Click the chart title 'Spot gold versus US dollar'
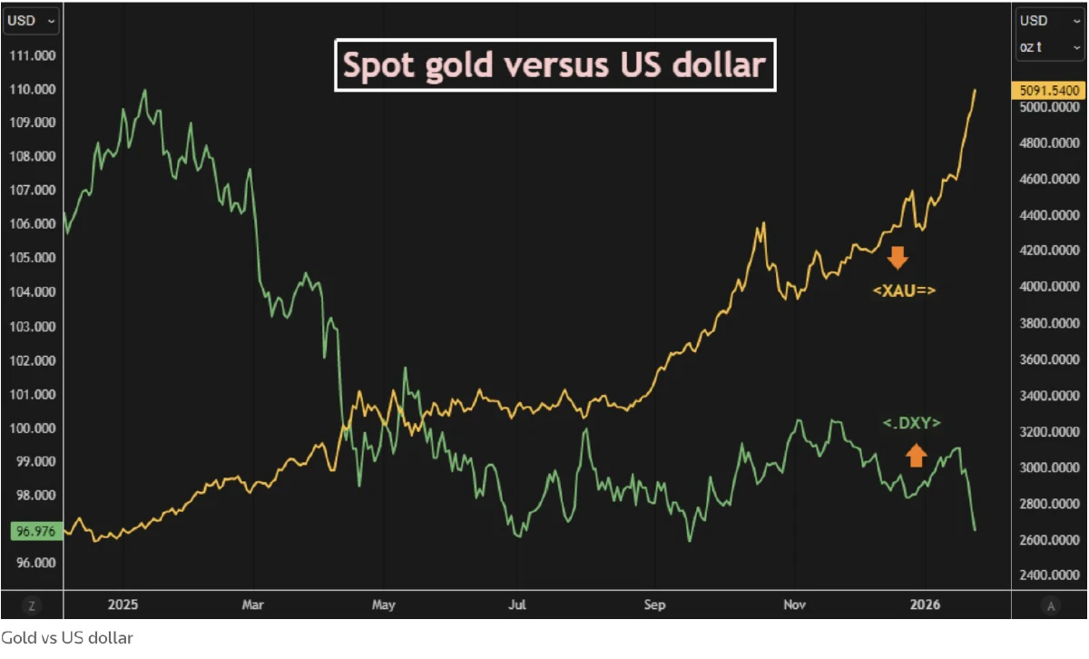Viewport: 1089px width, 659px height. pos(554,64)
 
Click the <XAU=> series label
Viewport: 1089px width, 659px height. pos(904,291)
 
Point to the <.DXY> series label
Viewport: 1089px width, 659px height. pos(912,423)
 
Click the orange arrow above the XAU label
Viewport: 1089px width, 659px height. pos(898,258)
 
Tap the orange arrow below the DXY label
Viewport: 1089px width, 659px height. pos(916,455)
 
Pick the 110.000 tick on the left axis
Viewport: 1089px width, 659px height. pos(32,89)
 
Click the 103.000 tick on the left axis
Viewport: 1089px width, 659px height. pos(32,326)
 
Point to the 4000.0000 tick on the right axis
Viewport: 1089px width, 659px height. pos(1048,287)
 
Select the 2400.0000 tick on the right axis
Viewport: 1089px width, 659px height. pos(1048,575)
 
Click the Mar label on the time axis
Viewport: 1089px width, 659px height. pos(253,605)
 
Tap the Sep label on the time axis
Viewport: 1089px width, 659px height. pos(654,605)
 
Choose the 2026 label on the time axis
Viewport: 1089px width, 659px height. pos(926,605)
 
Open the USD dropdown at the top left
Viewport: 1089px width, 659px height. pos(32,19)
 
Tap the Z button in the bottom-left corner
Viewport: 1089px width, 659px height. pos(32,605)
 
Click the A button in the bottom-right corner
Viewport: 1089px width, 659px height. pos(1050,605)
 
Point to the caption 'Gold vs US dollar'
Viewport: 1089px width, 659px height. pos(66,638)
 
